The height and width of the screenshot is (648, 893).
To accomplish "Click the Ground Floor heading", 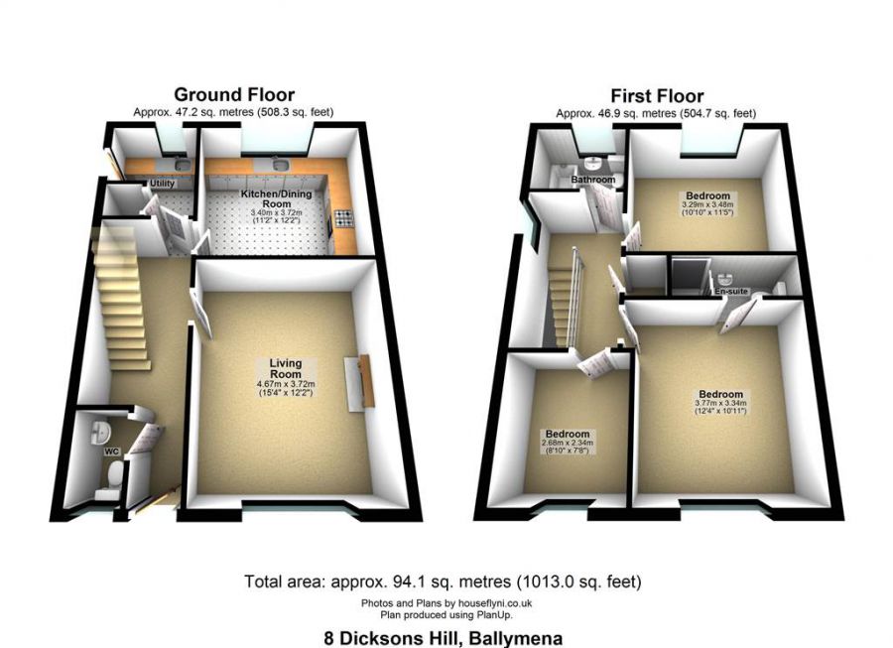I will pos(235,95).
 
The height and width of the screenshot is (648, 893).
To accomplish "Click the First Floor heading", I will pos(657,96).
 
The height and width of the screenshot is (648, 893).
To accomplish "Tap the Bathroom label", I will pos(592,180).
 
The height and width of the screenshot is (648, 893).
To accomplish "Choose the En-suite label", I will pos(729,292).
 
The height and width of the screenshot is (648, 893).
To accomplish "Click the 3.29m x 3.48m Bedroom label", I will pos(707,195).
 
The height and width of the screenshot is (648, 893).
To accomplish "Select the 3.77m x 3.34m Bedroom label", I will pos(719,394).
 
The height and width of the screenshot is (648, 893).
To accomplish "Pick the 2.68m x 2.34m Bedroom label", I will pos(567,435).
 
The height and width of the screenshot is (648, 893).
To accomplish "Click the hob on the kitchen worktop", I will pos(342,219).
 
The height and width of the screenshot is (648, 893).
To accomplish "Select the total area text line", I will pos(443,581).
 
